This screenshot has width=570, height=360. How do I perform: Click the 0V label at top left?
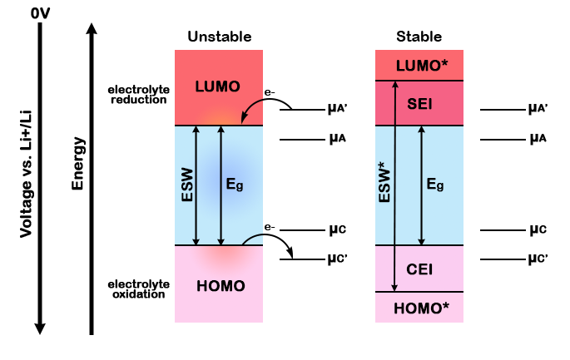pyautogui.click(x=41, y=13)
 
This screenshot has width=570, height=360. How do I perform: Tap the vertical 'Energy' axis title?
pyautogui.click(x=79, y=163)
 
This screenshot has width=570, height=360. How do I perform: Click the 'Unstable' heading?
pyautogui.click(x=219, y=37)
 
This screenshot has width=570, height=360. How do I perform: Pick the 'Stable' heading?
pyautogui.click(x=419, y=37)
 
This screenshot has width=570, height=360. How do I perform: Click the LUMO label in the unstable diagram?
pyautogui.click(x=217, y=86)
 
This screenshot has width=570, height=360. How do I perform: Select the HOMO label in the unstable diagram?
pyautogui.click(x=221, y=286)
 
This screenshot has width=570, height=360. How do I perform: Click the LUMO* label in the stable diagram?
pyautogui.click(x=419, y=65)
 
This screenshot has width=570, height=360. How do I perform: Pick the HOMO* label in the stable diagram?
pyautogui.click(x=419, y=308)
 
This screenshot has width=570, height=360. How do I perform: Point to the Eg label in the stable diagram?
pyautogui.click(x=434, y=185)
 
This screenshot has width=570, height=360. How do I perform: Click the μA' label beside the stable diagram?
pyautogui.click(x=538, y=110)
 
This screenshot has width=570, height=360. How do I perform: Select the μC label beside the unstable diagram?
pyautogui.click(x=336, y=229)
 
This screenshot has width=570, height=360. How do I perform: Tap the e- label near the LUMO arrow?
pyautogui.click(x=270, y=95)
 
